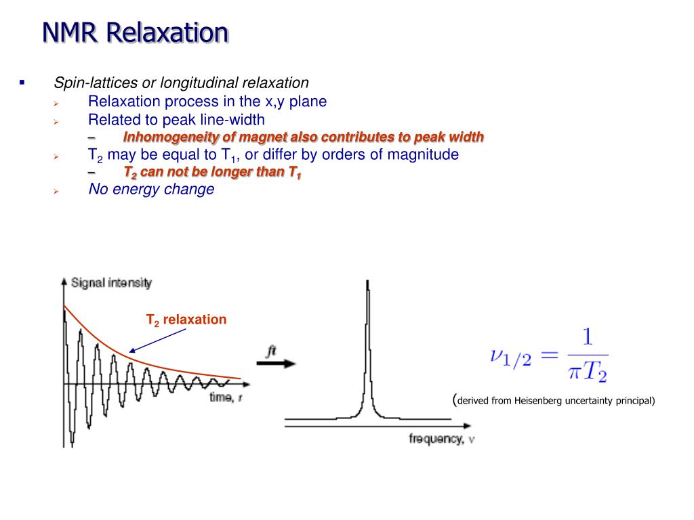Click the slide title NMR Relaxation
coord(136,32)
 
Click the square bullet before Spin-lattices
coord(22,83)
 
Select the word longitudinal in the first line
coord(190,83)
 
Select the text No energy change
coord(151,189)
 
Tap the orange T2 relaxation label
coord(186,320)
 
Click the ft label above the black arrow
coord(270,351)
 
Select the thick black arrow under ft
coord(277,363)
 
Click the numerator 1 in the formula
coord(587,337)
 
